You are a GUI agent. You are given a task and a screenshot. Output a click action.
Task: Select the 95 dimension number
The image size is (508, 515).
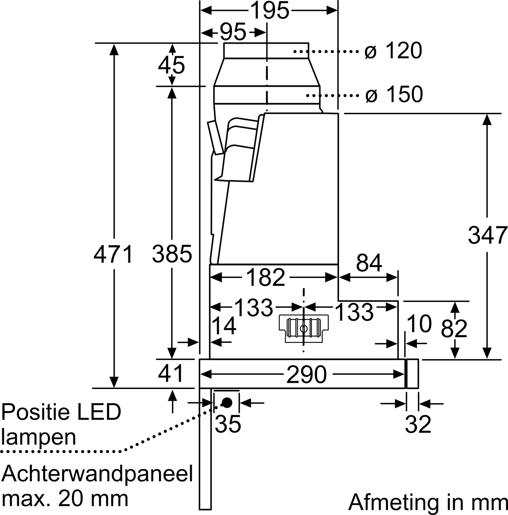pos(233,32)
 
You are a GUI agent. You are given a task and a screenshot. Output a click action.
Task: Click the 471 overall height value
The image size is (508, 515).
pos(113,254)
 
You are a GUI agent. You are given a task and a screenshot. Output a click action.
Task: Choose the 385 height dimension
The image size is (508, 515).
pos(172,254)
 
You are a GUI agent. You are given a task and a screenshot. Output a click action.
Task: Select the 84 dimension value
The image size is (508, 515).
pos(369,263)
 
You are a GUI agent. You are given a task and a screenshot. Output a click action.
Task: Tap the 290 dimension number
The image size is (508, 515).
pos(307,374)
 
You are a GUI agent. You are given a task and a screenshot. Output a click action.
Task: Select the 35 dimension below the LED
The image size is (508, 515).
pos(228,424)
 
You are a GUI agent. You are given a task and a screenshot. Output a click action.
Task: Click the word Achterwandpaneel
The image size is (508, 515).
pos(97,473)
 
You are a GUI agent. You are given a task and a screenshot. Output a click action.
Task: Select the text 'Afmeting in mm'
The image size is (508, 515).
pos(428,502)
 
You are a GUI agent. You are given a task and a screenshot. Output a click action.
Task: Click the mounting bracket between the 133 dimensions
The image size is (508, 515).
pos(304,329)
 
